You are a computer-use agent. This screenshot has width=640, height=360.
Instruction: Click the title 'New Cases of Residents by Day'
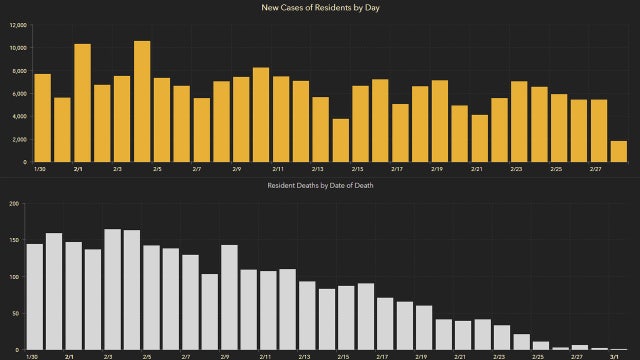320,8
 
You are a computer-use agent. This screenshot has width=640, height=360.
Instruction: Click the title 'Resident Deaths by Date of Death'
320,186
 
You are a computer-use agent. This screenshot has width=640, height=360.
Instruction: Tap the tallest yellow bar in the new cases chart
142,101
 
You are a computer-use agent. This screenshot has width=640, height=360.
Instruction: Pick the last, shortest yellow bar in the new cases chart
619,151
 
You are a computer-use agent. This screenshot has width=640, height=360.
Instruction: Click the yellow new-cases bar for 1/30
42,118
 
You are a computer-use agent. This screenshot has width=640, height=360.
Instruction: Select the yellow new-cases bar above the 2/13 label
321,129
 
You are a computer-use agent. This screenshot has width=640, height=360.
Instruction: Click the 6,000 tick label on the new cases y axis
16,94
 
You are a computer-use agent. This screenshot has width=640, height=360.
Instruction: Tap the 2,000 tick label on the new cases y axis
16,140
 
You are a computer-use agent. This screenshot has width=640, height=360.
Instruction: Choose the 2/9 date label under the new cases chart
237,170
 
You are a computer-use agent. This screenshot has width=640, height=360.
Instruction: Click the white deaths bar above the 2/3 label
113,289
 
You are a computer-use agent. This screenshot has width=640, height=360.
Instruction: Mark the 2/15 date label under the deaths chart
343,356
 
